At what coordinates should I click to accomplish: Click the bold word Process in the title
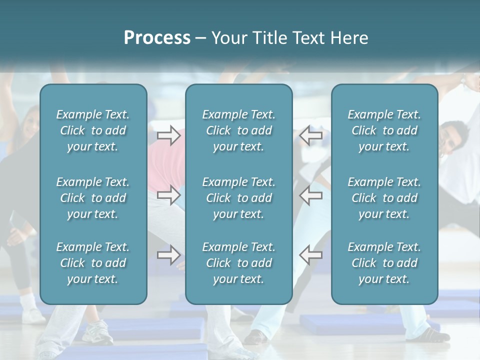(157, 38)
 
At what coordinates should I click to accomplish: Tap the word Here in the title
(349, 38)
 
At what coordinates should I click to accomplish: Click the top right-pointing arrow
(169, 135)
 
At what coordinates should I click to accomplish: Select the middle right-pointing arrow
(169, 195)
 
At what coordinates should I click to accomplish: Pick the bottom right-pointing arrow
(169, 254)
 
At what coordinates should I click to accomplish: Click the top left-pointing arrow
(311, 135)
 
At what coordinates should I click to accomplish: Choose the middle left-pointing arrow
(311, 195)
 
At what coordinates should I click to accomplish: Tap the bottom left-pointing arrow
(311, 254)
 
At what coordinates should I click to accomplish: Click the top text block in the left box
(93, 130)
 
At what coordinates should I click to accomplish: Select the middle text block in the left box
(93, 198)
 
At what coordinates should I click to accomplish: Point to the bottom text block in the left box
(93, 263)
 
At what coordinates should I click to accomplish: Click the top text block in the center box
(239, 130)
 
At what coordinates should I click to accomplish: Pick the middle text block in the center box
(239, 198)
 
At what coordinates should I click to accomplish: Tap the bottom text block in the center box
(239, 263)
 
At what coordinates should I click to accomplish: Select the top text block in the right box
(384, 130)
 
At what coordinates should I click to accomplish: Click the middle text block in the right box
(384, 198)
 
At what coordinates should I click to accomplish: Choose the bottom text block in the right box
(384, 263)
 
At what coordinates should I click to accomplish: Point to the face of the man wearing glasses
(452, 137)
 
